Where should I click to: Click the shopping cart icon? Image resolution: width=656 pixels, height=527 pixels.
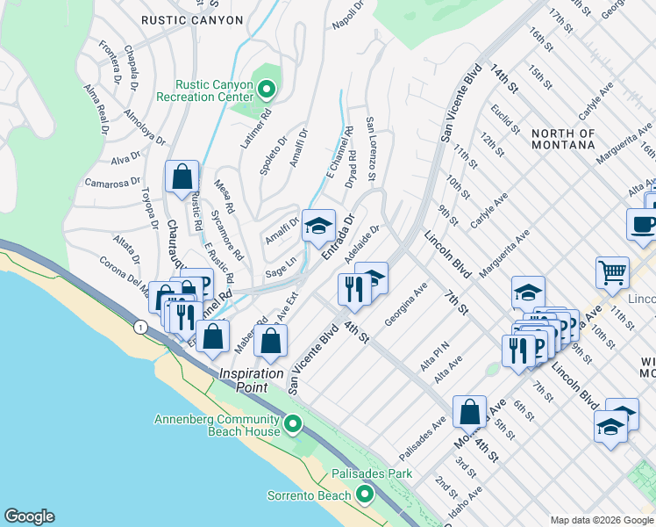[x=612, y=272]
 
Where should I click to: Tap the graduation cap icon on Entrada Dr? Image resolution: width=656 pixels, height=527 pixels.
[x=318, y=226]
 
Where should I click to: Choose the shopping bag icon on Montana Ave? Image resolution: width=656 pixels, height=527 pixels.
[x=470, y=411]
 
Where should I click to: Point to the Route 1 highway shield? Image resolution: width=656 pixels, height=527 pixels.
[x=140, y=327]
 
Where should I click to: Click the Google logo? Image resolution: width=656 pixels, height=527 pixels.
[x=29, y=516]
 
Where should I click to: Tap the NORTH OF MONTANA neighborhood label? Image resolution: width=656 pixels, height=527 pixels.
[x=563, y=140]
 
